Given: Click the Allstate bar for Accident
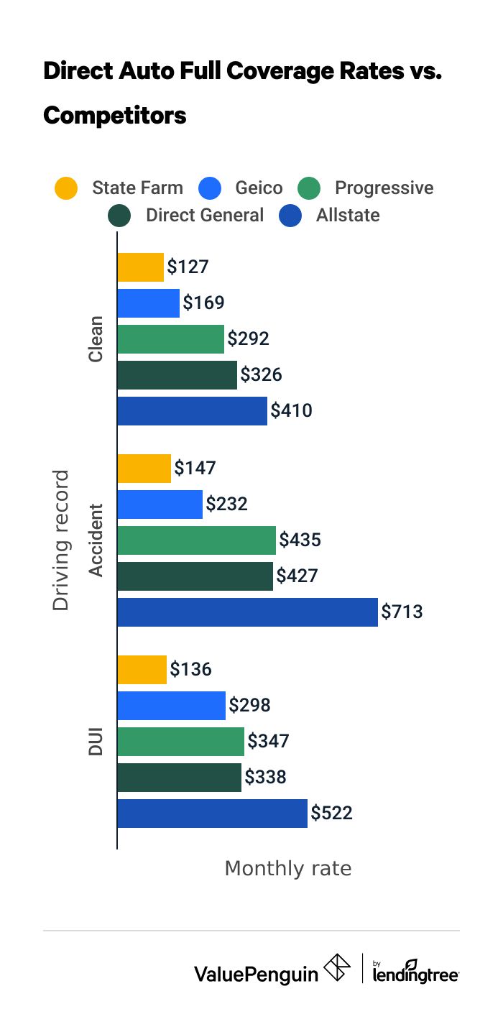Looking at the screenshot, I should coord(247,612).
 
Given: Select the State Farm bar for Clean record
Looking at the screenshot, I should coord(141,267).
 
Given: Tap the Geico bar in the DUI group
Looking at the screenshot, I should coord(171,706).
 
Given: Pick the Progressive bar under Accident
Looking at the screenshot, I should coord(196,540).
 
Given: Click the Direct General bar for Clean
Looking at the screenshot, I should coord(177,375).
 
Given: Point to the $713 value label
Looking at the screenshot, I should coord(402,612).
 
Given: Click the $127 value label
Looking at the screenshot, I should coord(188,267).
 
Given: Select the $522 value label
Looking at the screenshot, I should coord(331,814).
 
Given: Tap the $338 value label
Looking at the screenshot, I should coord(265,778).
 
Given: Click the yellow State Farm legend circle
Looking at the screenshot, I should coord(66,189).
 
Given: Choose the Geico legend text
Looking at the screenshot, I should coord(259,188).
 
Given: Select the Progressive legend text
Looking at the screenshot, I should coord(384,188).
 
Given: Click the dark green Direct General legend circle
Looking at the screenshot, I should coord(119,216).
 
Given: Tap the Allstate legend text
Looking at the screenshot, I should coord(348,215).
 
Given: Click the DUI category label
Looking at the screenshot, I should coord(96,742).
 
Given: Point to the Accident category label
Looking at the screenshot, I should coord(96,540).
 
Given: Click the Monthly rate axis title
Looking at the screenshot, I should coord(288,868).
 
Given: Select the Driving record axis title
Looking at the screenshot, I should coord(62,540).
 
